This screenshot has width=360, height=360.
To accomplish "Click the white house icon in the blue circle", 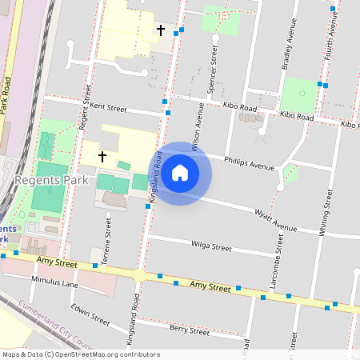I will [180, 172].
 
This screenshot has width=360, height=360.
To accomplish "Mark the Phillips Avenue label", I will [249, 162].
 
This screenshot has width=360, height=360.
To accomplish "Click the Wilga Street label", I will [210, 246].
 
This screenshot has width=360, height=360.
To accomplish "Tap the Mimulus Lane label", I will [54, 282].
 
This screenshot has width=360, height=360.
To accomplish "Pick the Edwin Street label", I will [90, 314].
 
